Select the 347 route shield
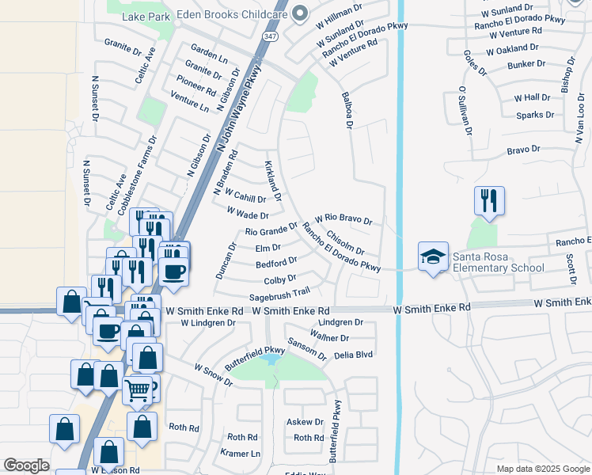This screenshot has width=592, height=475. [269, 36]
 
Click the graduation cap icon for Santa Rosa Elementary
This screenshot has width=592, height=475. [433, 257]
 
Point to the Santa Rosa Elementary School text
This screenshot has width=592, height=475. [498, 262]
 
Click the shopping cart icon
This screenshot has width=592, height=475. [138, 390]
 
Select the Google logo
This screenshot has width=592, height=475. [26, 465]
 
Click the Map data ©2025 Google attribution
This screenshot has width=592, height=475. [542, 469]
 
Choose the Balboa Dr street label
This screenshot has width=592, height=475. [347, 109]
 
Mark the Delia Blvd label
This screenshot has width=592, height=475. [353, 355]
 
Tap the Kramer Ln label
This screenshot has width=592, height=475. [241, 454]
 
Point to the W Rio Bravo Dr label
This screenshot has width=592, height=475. [343, 218]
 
